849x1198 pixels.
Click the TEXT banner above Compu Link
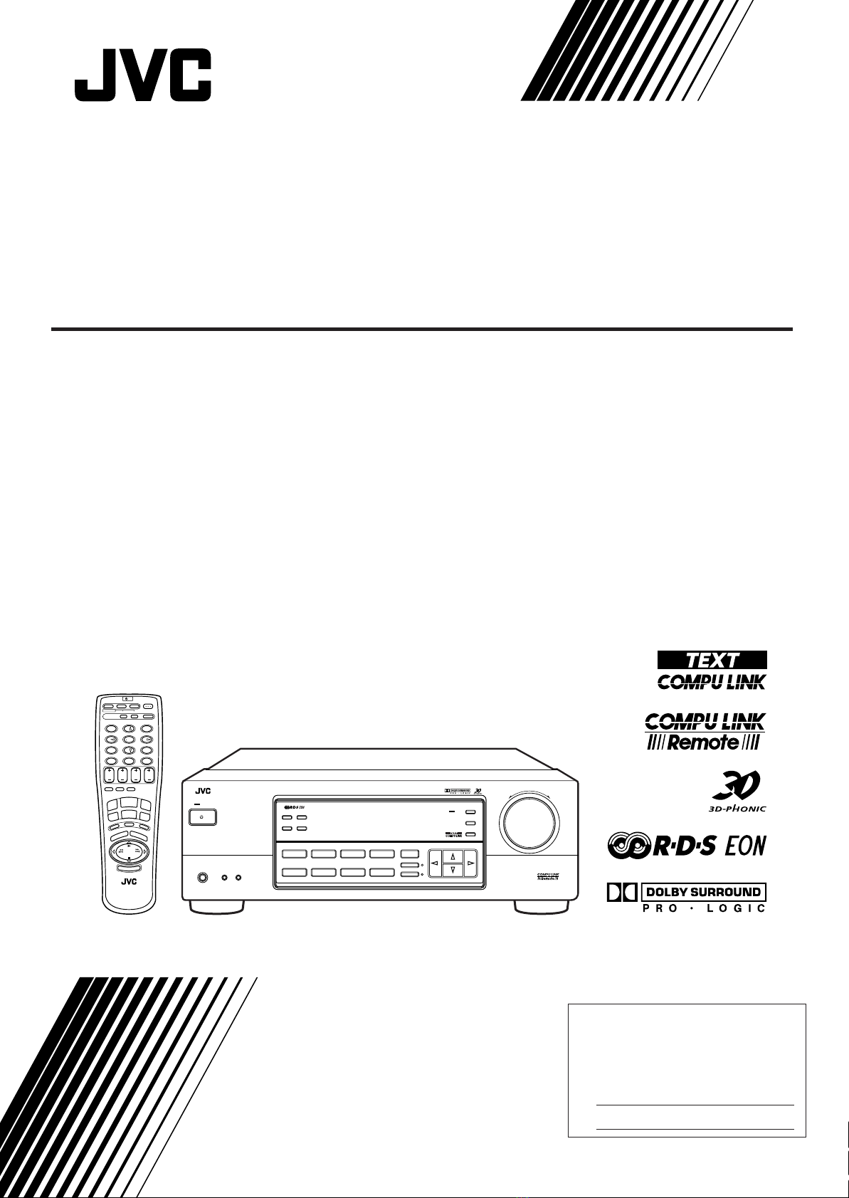(x=712, y=660)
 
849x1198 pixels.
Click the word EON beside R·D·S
(x=744, y=846)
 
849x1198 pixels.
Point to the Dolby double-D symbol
(x=621, y=891)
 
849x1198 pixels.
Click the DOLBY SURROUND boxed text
(x=704, y=891)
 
